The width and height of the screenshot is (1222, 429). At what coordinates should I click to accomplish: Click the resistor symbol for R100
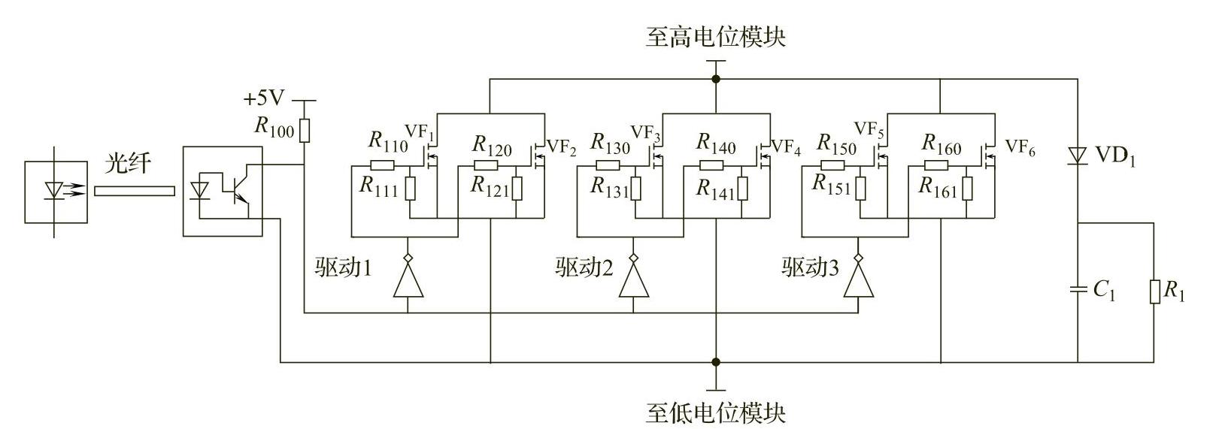pos(305,130)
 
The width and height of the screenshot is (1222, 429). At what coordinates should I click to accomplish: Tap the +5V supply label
pos(264,98)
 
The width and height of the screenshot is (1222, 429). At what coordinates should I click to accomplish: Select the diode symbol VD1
pos(1077,156)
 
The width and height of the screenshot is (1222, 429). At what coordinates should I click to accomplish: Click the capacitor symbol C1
pos(1077,290)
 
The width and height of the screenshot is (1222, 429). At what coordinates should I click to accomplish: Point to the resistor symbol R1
pos(1154,292)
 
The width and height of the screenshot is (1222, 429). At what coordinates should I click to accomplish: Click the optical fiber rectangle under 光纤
pos(134,191)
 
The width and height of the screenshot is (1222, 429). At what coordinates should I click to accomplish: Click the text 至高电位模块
pos(716,37)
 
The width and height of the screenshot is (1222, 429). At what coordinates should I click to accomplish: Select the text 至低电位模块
pos(716,412)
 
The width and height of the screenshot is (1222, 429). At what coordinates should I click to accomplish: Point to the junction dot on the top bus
pos(716,79)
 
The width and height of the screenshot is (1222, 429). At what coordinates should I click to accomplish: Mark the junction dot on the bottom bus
pos(716,362)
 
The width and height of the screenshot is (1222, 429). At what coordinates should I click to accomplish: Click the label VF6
pos(1020,147)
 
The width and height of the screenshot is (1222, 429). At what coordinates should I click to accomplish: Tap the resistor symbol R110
pos(383,165)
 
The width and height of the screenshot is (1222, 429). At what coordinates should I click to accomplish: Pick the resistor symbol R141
pos(742,189)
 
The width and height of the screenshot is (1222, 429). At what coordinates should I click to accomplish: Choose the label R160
pos(942,144)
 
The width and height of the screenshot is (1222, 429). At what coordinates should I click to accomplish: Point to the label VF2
pos(561,147)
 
